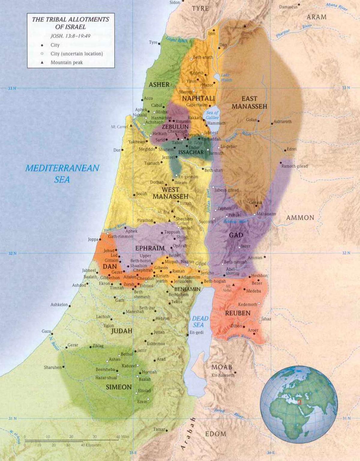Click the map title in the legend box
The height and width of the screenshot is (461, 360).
tap(70, 23)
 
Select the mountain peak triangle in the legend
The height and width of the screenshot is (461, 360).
tap(42, 62)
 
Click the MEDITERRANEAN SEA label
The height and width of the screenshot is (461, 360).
tap(62, 174)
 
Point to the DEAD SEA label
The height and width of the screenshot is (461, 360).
tap(198, 322)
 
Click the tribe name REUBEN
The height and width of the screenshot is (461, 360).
tap(238, 313)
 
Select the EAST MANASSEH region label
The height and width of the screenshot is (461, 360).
tap(249, 102)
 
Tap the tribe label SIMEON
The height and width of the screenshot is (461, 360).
tap(119, 387)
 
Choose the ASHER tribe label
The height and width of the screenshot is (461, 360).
tap(159, 85)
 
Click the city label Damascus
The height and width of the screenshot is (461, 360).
tap(288, 7)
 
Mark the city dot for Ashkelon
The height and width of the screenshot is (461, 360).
tap(70, 306)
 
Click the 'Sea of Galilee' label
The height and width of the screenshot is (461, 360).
tap(212, 115)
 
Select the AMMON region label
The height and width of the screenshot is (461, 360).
tap(300, 218)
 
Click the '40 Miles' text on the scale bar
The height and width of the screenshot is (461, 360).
tap(123, 437)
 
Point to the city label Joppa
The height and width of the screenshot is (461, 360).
tap(93, 239)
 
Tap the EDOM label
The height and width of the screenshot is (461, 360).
tap(216, 434)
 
